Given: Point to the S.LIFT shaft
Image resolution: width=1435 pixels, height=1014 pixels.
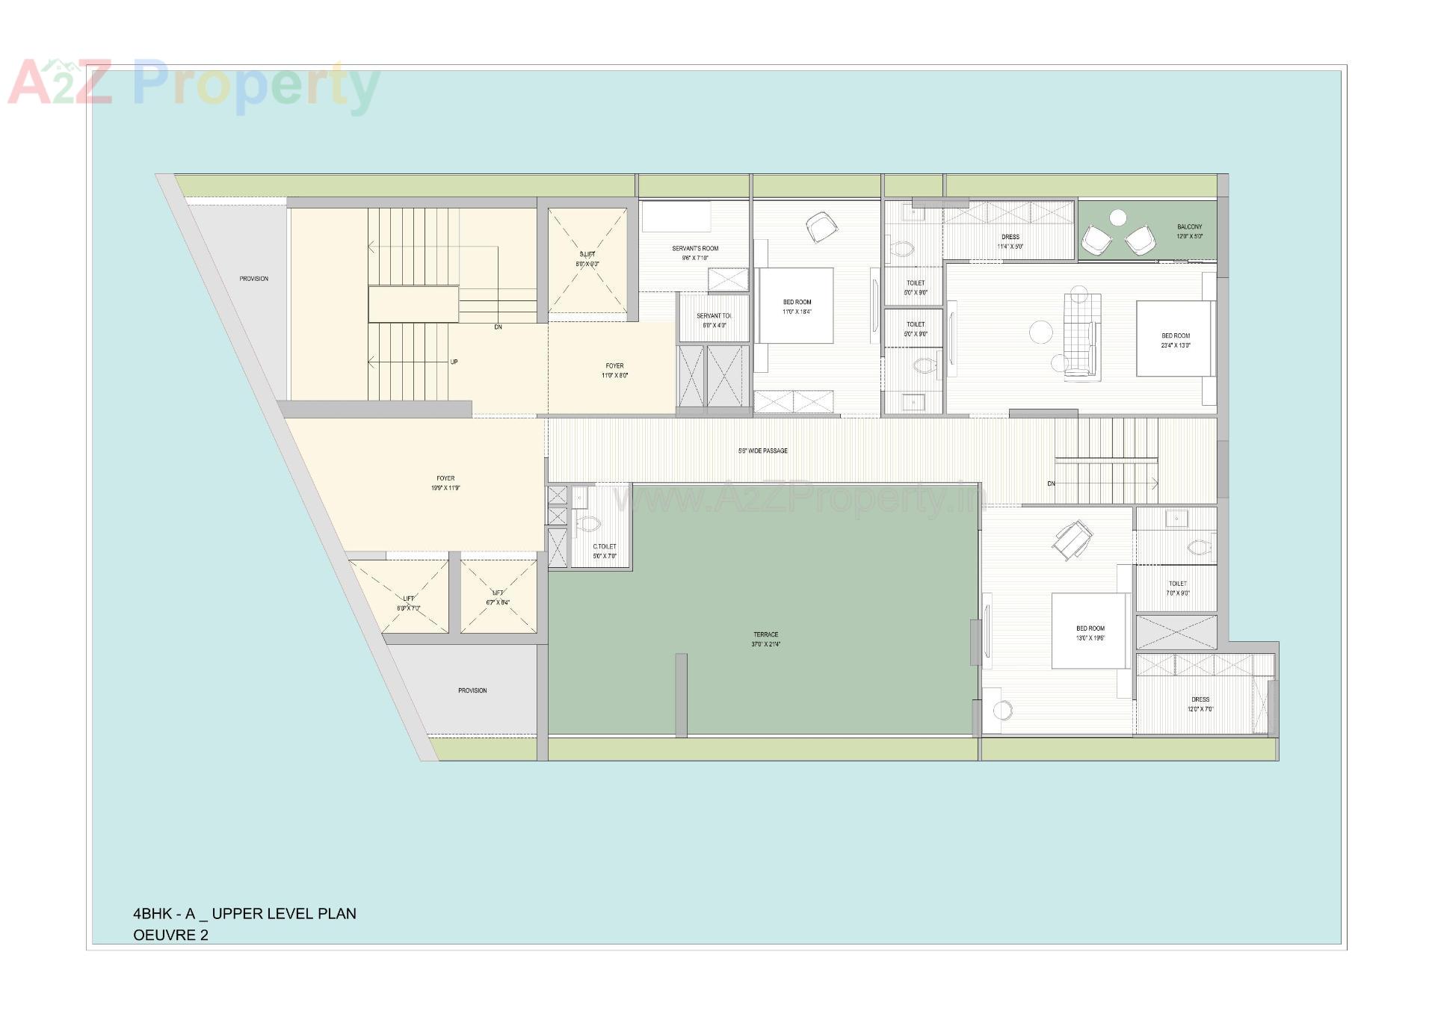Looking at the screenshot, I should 587,259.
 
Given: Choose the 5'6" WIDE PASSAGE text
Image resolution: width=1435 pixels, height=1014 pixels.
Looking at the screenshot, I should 763,451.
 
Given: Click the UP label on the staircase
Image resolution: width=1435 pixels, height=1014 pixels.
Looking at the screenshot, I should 454,362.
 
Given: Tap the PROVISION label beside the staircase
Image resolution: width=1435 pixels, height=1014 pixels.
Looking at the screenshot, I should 253,279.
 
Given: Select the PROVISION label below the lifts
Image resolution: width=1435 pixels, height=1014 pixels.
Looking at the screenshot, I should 472,690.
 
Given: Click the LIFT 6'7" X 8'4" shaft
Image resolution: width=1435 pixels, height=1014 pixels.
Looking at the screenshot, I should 498,597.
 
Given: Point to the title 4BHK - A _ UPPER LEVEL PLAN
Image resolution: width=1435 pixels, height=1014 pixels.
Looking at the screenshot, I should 244,913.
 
